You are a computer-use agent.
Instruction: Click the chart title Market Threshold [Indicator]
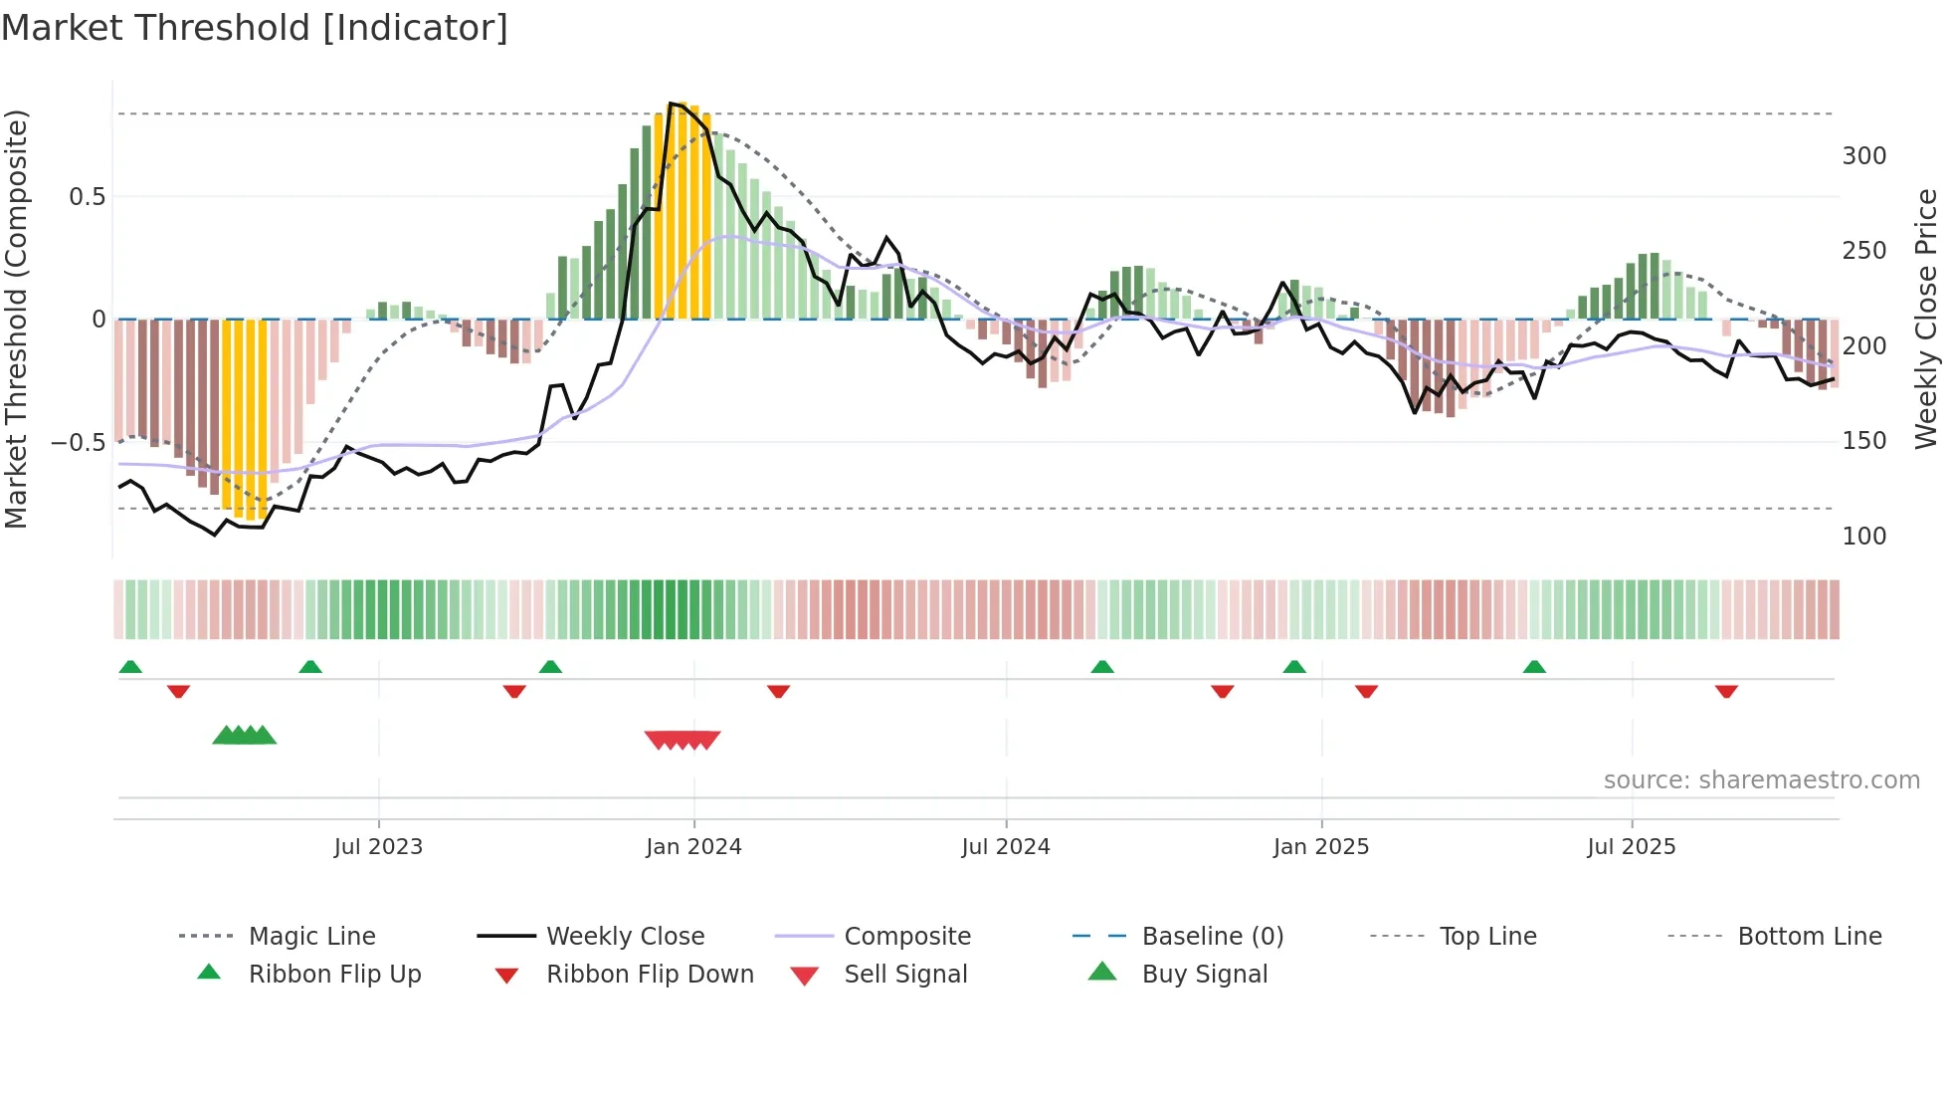(x=255, y=28)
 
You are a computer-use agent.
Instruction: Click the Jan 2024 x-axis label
(x=693, y=847)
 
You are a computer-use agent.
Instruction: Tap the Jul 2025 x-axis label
(x=1631, y=847)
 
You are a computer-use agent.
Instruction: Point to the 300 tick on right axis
(x=1863, y=156)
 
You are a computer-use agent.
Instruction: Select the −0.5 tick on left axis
(x=78, y=442)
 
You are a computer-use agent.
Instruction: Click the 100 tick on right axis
(x=1863, y=537)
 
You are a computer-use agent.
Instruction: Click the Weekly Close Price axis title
(x=1926, y=319)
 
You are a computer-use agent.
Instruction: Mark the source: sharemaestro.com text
(x=1761, y=780)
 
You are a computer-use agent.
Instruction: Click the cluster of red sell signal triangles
(x=682, y=740)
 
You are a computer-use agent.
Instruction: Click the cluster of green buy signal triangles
(x=245, y=736)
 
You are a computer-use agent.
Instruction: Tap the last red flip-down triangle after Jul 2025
(x=1726, y=691)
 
